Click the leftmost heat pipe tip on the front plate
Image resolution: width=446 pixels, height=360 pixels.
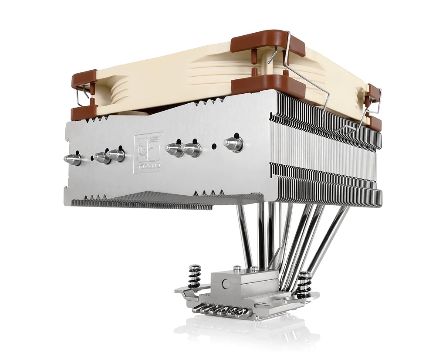coord(73,160)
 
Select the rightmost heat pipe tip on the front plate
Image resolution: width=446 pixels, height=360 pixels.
coord(233,142)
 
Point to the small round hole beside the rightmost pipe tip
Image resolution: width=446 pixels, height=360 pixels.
coord(214,147)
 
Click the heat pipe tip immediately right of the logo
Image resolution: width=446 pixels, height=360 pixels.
coord(174,149)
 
